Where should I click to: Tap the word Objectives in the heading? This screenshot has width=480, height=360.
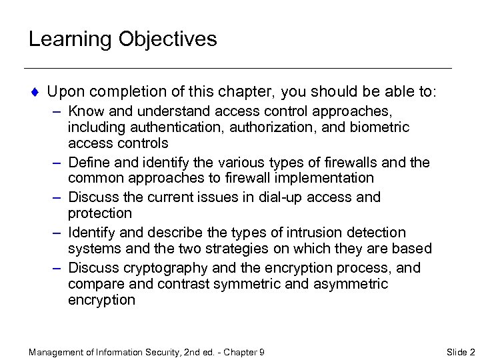(168, 39)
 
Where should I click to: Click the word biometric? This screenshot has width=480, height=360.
(379, 127)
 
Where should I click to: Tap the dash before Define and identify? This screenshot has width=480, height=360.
(57, 163)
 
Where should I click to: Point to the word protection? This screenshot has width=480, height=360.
(100, 213)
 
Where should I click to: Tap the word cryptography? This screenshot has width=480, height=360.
(158, 267)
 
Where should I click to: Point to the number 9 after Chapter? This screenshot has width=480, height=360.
(262, 351)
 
